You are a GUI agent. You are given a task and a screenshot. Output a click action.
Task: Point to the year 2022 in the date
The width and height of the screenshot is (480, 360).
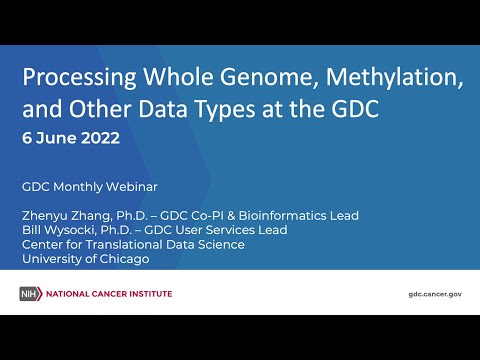(x=100, y=138)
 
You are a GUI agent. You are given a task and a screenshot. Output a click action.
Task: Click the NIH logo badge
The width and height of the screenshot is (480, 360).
(x=29, y=294)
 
